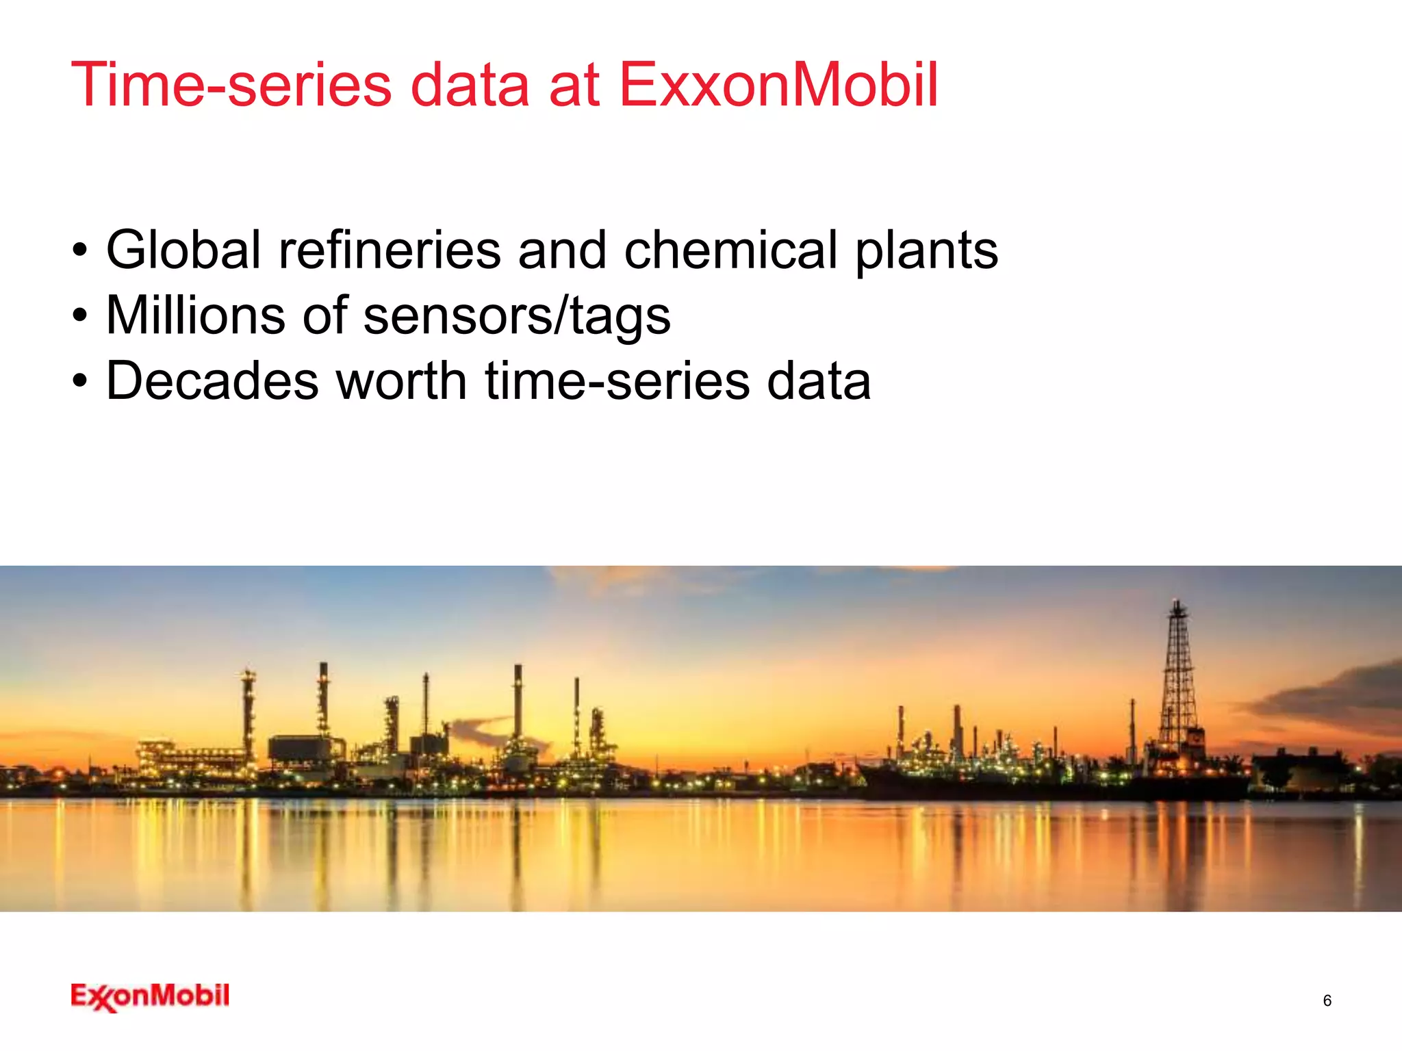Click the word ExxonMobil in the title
(778, 86)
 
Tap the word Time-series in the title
(231, 86)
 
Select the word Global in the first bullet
(183, 250)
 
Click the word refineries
(390, 250)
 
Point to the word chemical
(730, 250)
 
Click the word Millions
(195, 315)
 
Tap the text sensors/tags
(517, 317)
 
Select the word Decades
(212, 381)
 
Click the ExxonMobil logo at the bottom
(150, 996)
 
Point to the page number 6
(1327, 1000)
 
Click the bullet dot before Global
(81, 251)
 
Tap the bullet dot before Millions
(81, 317)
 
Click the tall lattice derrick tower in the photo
(1178, 684)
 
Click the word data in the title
(470, 86)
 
